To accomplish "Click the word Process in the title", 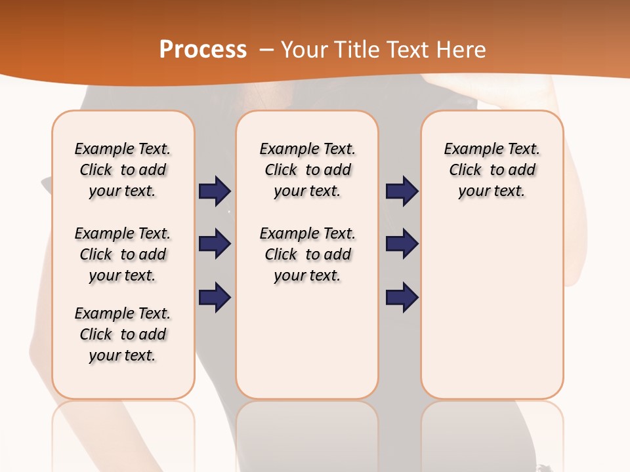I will click(x=203, y=50).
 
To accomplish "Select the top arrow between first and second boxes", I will click(x=215, y=191).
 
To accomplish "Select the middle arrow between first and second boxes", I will click(x=215, y=244).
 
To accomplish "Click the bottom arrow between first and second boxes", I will click(x=215, y=297).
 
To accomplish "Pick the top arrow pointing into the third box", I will click(x=402, y=191).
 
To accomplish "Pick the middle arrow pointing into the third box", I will click(x=402, y=244).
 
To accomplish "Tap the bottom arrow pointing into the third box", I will click(x=402, y=297).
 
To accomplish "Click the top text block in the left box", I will click(x=123, y=170).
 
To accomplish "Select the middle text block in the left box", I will click(x=123, y=254).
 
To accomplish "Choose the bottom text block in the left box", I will click(x=123, y=334).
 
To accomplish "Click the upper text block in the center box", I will click(x=308, y=170).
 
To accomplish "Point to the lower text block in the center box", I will click(x=308, y=254).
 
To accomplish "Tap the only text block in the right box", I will click(x=492, y=170).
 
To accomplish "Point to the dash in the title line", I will click(x=266, y=50).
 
